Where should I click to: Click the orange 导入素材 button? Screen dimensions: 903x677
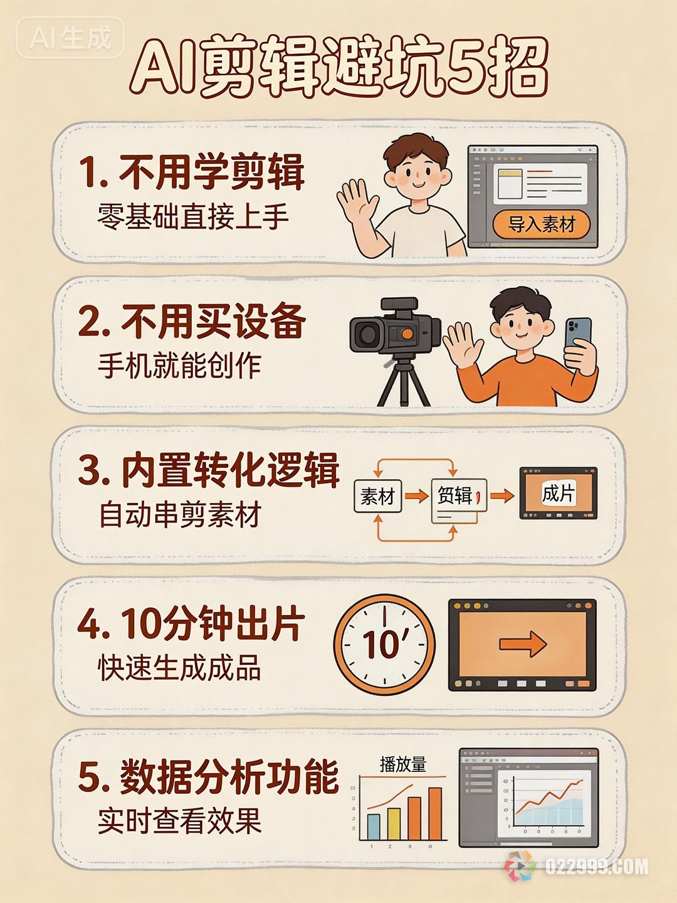[541, 224]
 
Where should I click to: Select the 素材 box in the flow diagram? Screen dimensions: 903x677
[377, 497]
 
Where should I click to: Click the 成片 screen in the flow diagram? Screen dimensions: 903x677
[558, 494]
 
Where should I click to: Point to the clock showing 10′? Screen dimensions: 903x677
[384, 644]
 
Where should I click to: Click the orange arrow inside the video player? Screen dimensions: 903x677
[523, 644]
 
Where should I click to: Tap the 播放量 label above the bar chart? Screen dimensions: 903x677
[402, 764]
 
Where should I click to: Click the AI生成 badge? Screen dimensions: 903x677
[70, 38]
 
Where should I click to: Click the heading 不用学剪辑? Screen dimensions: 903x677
[192, 172]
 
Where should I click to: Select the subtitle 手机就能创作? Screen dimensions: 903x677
[179, 365]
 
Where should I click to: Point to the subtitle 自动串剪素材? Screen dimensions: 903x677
[179, 515]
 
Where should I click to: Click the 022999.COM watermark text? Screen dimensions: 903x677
[596, 867]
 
